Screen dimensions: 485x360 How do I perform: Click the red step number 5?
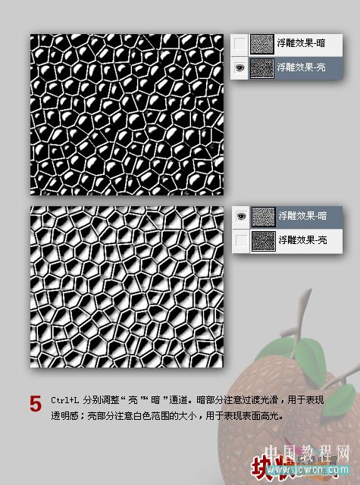[35, 403]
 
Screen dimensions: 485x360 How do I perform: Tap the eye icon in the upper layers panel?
[239, 67]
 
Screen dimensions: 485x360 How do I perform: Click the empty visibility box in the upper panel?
[239, 44]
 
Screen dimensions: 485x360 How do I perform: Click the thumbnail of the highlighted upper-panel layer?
[262, 67]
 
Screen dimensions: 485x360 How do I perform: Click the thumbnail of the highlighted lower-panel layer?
[263, 216]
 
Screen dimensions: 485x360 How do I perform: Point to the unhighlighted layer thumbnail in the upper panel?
[262, 44]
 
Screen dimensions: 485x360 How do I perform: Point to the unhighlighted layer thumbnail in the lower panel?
[263, 240]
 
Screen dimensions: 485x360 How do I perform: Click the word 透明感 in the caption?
[65, 415]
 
